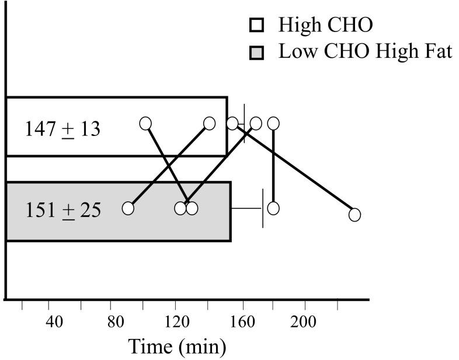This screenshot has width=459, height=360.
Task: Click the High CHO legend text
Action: click(325, 25)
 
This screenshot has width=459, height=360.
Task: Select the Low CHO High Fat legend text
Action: click(365, 52)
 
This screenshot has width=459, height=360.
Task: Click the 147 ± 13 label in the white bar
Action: click(62, 128)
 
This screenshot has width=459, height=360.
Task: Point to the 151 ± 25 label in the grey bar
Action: click(62, 209)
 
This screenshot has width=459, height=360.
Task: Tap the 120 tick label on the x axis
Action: click(176, 323)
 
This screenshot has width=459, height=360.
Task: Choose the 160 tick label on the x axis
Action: click(240, 323)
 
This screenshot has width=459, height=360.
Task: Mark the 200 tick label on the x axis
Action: click(304, 323)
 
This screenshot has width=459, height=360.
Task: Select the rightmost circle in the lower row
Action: click(354, 215)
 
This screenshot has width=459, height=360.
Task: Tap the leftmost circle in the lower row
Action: click(128, 208)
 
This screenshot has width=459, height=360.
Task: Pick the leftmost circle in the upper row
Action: click(146, 123)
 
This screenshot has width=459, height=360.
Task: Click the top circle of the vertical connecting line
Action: click(273, 123)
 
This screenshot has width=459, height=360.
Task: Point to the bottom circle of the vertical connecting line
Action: click(273, 208)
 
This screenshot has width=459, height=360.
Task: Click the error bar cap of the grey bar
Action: click(263, 208)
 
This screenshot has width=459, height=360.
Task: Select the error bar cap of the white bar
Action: click(244, 123)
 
